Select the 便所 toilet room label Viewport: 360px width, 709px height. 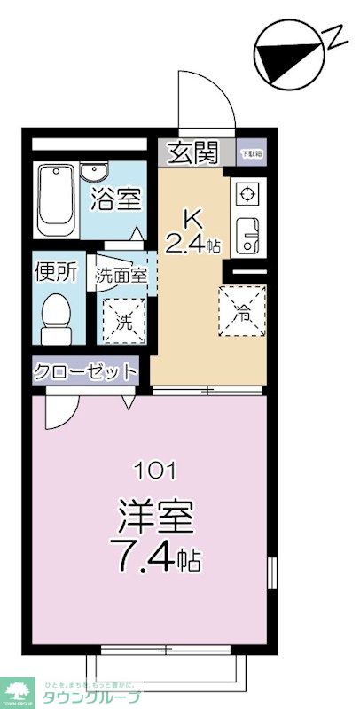pos(55,272)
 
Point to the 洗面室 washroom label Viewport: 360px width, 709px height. pos(121,275)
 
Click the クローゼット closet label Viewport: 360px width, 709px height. pos(86,370)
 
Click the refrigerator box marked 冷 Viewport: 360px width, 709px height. pos(240,311)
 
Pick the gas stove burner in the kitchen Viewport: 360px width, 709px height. pos(246,192)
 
